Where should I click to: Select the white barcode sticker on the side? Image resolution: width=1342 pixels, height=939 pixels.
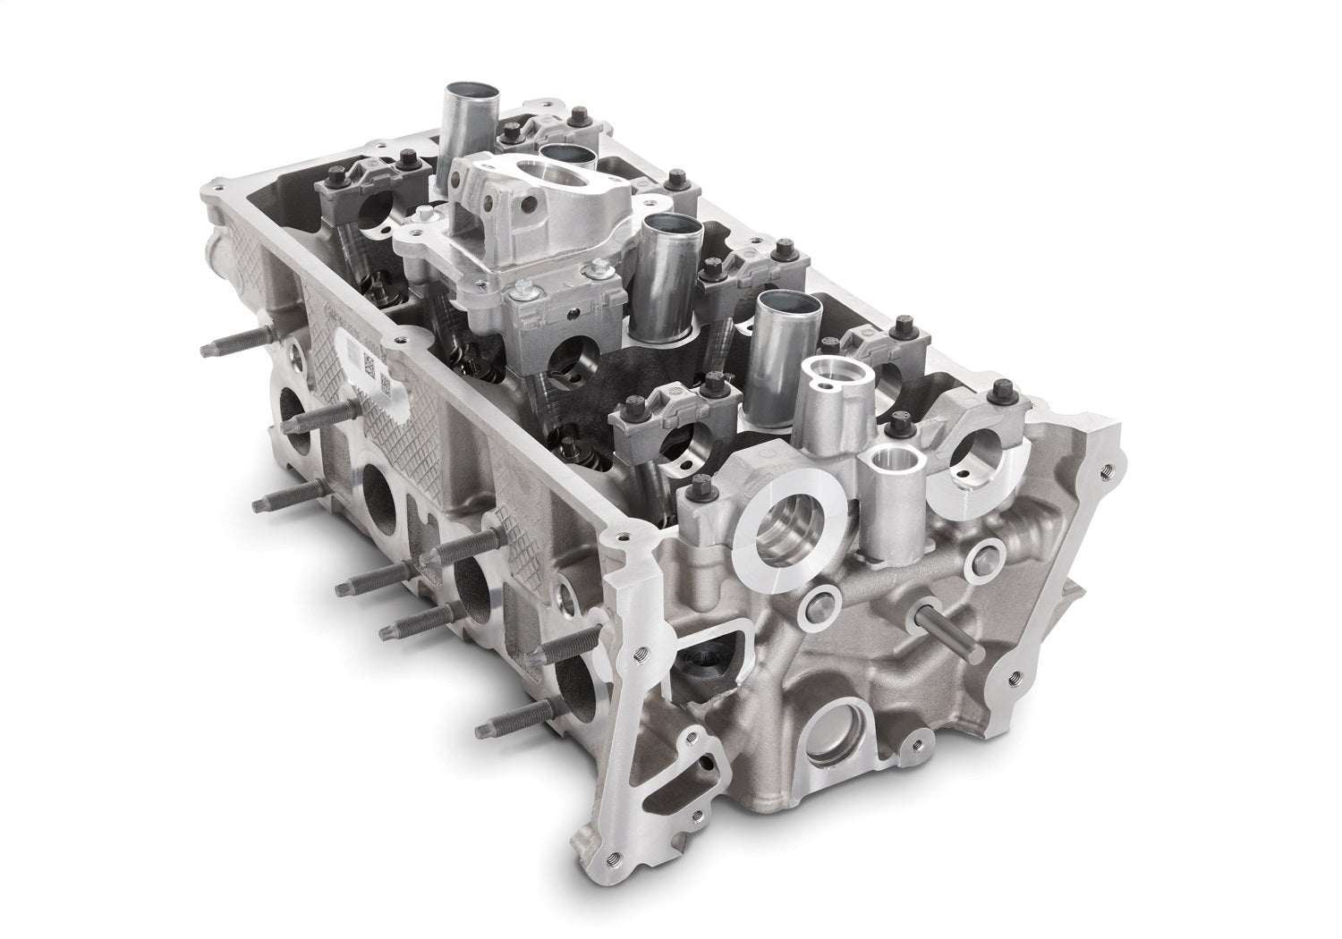373,365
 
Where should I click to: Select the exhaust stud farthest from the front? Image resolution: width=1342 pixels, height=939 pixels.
234,343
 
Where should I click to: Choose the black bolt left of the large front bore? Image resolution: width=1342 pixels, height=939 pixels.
701,488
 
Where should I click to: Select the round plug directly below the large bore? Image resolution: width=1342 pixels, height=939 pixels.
815,609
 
